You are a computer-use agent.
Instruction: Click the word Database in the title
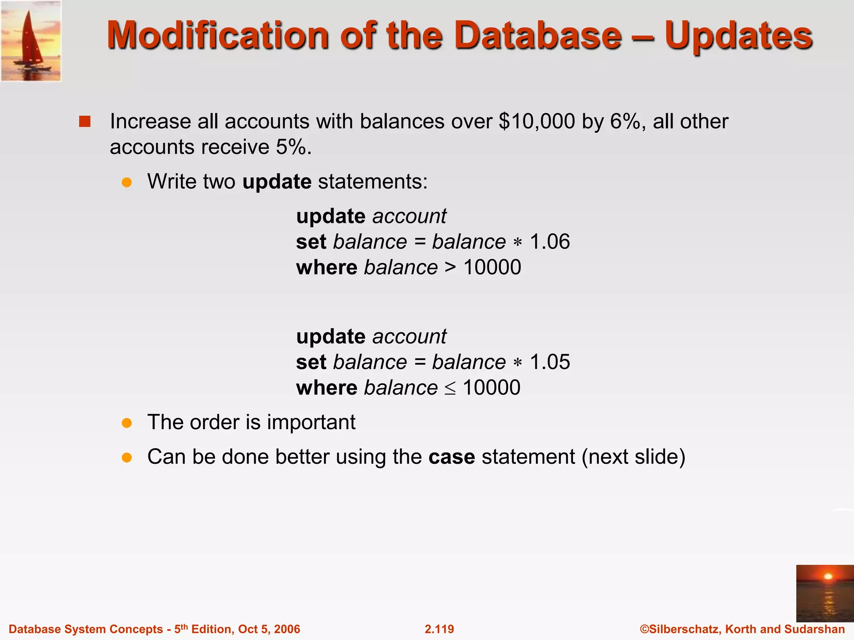[x=538, y=36]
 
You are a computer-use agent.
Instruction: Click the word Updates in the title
[x=738, y=36]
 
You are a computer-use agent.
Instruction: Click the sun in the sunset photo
[x=828, y=577]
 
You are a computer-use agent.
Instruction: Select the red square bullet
[x=85, y=122]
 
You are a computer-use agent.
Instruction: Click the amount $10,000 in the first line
[x=537, y=122]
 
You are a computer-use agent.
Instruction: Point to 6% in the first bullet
[x=625, y=122]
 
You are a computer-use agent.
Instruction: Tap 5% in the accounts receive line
[x=291, y=147]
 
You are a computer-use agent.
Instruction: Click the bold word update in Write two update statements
[x=277, y=182]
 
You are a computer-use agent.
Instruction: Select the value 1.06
[x=550, y=242]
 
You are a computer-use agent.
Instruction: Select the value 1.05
[x=550, y=362]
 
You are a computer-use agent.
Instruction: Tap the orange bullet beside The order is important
[x=127, y=423]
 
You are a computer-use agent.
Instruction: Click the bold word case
[x=452, y=457]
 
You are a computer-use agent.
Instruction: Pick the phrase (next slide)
[x=633, y=457]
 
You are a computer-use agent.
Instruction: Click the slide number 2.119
[x=439, y=629]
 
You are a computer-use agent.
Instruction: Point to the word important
[x=311, y=422]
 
